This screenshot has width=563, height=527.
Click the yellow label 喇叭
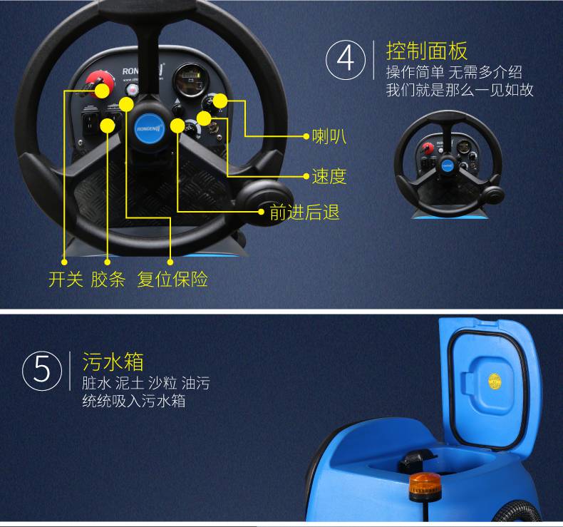(x=329, y=136)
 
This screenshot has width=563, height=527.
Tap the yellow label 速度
(x=329, y=176)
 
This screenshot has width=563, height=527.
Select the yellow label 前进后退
(x=304, y=212)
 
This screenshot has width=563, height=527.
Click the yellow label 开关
(x=66, y=279)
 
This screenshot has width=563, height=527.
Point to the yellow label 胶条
(x=108, y=279)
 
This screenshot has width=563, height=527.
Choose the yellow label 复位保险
(x=172, y=279)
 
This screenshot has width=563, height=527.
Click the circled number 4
(x=346, y=60)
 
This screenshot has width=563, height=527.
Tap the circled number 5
(x=42, y=371)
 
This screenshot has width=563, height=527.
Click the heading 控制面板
(x=427, y=51)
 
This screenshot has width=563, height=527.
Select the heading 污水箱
(x=113, y=362)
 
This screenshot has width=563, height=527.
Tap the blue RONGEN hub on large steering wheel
(x=150, y=128)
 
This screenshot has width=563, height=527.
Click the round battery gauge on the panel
(x=190, y=80)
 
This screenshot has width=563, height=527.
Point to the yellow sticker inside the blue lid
(x=495, y=382)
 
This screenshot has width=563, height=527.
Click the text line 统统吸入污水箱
(x=133, y=401)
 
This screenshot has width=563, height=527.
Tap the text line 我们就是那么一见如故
(x=460, y=90)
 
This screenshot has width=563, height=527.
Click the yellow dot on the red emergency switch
(x=102, y=91)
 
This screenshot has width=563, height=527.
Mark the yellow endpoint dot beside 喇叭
(x=306, y=136)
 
